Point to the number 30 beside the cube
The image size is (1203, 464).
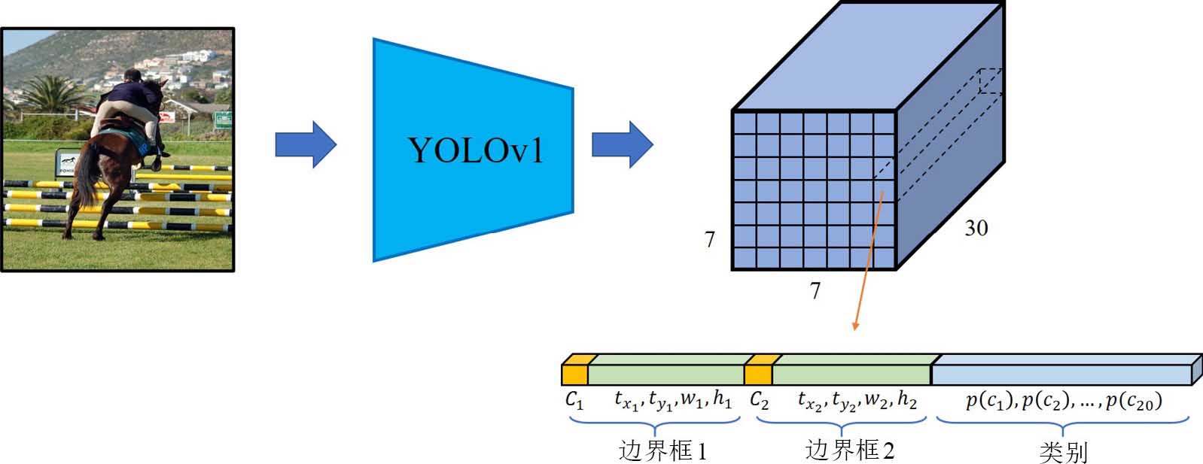(976, 228)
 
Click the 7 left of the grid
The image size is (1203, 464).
(709, 239)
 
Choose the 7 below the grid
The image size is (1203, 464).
(815, 290)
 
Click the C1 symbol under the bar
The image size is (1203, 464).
(574, 400)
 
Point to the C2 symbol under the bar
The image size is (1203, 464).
(759, 400)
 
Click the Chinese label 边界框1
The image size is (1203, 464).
(662, 450)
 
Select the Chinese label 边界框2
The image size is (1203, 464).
(849, 450)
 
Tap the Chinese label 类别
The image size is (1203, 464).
(1063, 452)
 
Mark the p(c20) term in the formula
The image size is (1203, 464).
(1134, 401)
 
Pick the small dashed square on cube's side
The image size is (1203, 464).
(991, 80)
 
